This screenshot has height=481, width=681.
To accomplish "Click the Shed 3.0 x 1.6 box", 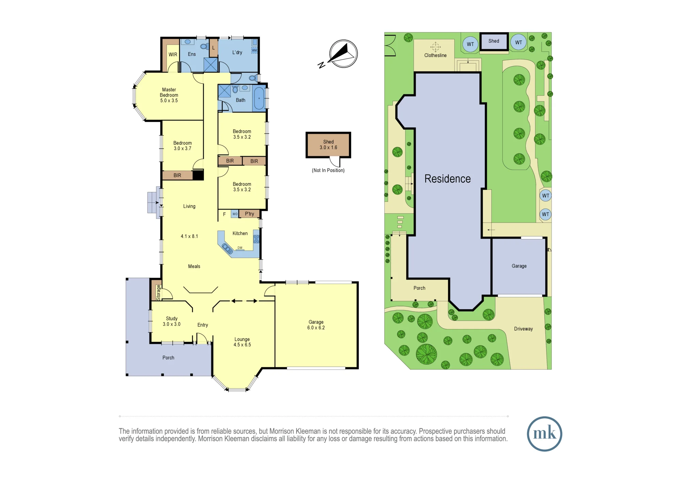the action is click(328, 145).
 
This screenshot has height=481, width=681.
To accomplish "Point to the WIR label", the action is click(173, 54).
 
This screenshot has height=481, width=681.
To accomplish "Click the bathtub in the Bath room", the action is click(259, 98).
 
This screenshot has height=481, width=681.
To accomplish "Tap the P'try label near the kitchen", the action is click(250, 214).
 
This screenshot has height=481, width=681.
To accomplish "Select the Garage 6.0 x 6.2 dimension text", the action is click(316, 328).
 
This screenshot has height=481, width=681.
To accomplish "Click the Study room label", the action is click(172, 321).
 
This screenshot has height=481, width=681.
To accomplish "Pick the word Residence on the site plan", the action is click(447, 179).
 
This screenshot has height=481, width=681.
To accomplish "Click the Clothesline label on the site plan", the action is click(435, 55).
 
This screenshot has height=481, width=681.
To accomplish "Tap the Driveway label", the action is click(523, 329).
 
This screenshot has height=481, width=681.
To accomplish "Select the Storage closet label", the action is click(158, 293).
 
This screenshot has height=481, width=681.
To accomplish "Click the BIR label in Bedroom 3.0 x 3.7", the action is click(177, 175).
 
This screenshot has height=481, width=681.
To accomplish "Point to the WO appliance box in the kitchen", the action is click(235, 214).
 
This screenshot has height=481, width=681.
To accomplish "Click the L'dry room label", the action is click(237, 52).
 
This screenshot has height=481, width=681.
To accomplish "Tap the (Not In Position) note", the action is click(328, 170).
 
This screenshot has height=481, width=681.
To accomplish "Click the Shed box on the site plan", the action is click(494, 42).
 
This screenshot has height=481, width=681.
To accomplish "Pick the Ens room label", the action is click(192, 54).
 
